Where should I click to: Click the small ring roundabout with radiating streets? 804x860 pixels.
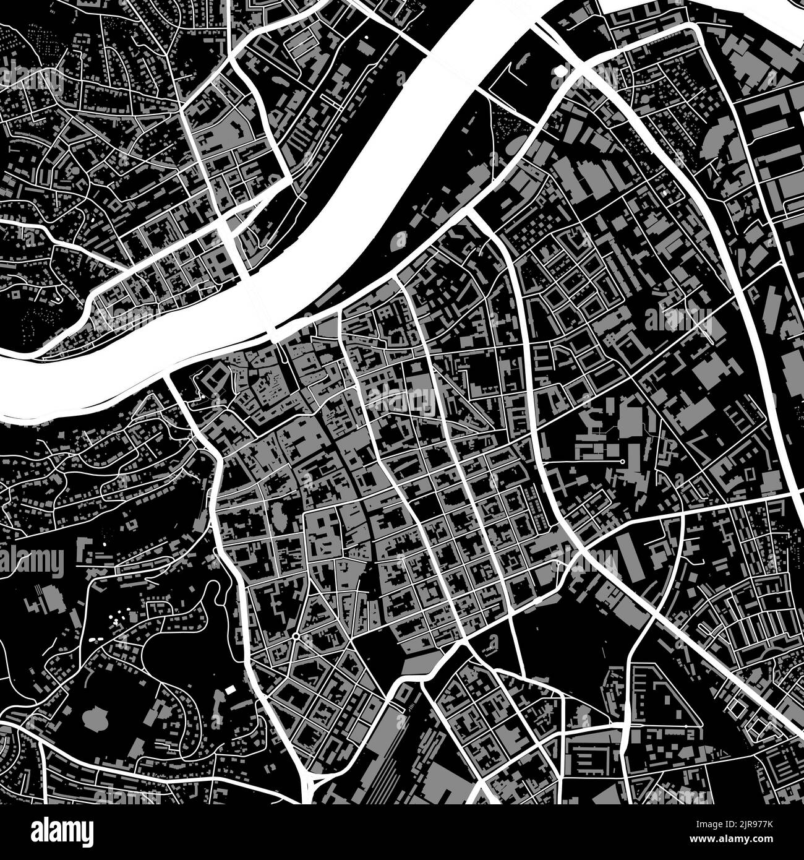pyautogui.click(x=297, y=635)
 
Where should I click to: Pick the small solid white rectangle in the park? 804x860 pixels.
pyautogui.click(x=230, y=689)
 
